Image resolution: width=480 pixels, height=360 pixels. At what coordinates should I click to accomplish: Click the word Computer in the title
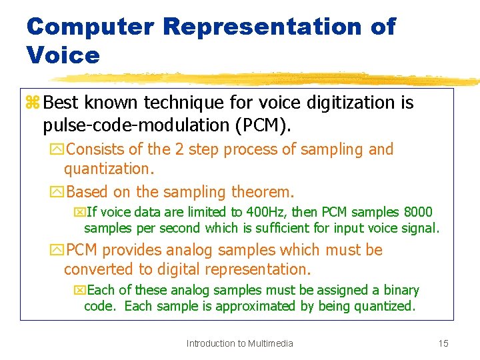tap(90, 27)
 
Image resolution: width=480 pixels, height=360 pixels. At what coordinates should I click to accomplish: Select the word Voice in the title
tap(63, 55)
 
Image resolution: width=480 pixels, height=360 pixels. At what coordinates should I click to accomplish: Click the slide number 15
tap(443, 343)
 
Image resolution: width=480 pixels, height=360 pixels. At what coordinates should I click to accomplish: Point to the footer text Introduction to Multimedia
tap(239, 343)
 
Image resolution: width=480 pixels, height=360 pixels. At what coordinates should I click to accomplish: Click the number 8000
tap(418, 213)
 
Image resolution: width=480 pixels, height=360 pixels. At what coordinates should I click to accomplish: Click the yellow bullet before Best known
tap(33, 103)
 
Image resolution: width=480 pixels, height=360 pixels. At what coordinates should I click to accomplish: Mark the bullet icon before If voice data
tap(79, 213)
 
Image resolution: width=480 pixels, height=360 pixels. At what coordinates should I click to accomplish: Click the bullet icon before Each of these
tap(79, 291)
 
